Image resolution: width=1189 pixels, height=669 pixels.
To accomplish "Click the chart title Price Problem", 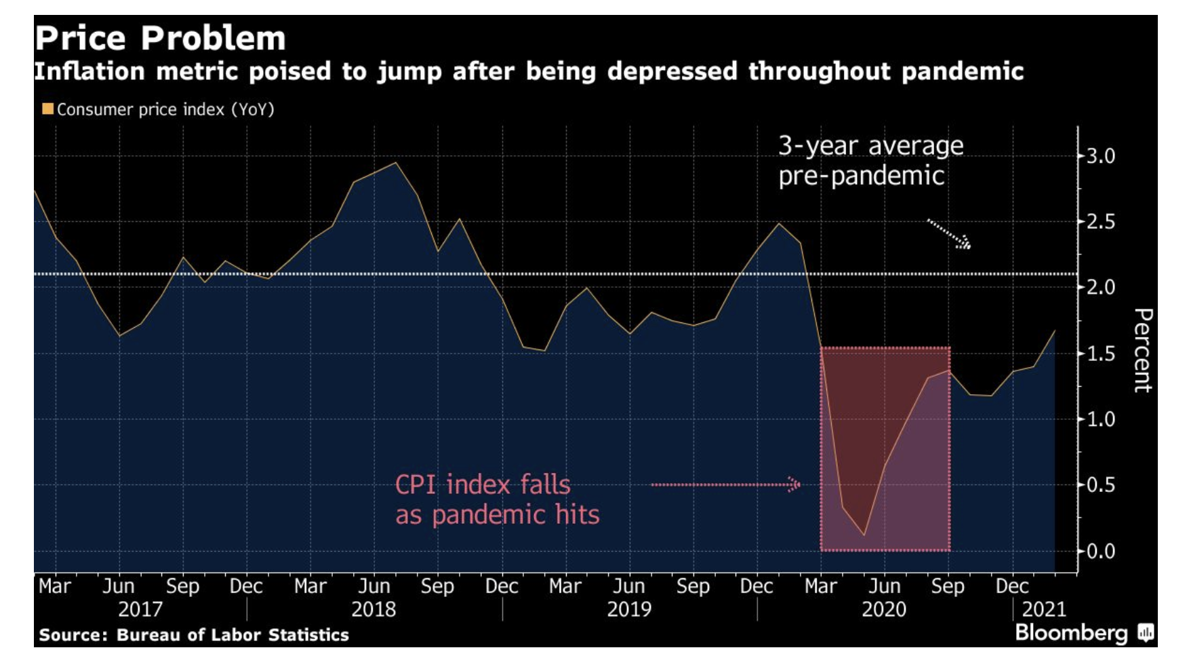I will point(160,38).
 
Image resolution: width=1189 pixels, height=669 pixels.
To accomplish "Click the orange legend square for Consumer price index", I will point(47,109).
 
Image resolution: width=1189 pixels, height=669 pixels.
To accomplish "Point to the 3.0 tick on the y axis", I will point(1100,157).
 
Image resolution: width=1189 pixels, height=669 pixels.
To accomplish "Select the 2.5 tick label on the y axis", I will point(1100,222).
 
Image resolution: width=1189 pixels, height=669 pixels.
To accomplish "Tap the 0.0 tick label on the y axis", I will point(1100,551).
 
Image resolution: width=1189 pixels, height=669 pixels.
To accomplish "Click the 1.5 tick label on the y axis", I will point(1100,353).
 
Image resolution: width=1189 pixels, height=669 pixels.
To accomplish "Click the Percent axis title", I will point(1143,350).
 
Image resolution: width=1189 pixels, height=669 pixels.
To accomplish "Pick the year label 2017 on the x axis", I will point(140,609).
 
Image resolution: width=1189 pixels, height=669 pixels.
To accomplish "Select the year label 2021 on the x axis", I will point(1044,609).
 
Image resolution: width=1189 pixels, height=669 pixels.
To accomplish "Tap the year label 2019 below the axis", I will point(629,609).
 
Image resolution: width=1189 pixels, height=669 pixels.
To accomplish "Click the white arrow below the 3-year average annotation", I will point(949,233).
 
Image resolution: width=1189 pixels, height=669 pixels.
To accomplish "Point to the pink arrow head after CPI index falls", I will point(794,484).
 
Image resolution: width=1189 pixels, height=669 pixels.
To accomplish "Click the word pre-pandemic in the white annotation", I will point(861,176).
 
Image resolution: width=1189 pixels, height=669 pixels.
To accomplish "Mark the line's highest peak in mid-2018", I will point(396,163).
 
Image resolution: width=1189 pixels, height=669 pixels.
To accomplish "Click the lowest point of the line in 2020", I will point(864,535).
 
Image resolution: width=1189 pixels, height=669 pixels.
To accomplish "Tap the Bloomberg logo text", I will point(1071,633).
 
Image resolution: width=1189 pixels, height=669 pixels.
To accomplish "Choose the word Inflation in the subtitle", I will point(89,71).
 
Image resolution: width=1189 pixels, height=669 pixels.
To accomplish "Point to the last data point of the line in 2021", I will point(1055,331).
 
